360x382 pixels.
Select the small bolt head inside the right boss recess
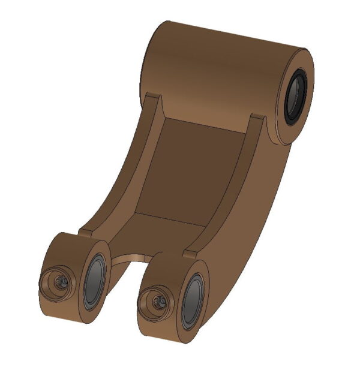coord(159,300)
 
